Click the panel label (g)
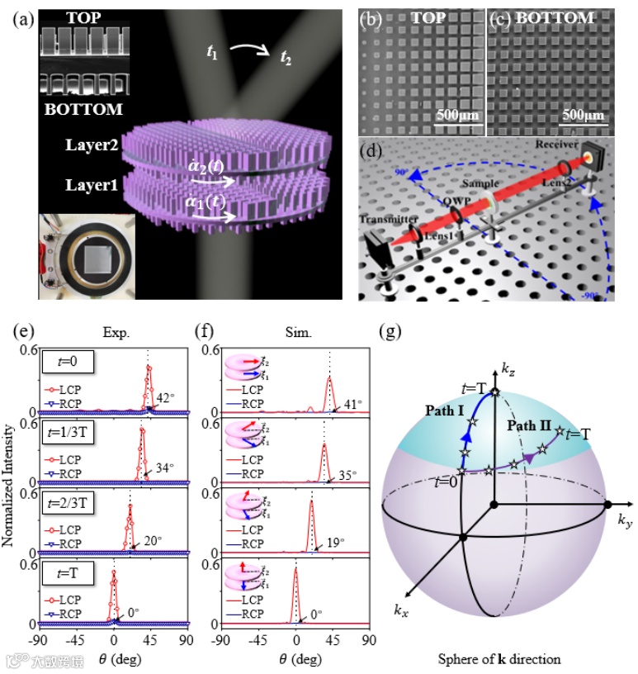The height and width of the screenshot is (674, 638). (388, 331)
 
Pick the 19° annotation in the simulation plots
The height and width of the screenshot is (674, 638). (337, 540)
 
